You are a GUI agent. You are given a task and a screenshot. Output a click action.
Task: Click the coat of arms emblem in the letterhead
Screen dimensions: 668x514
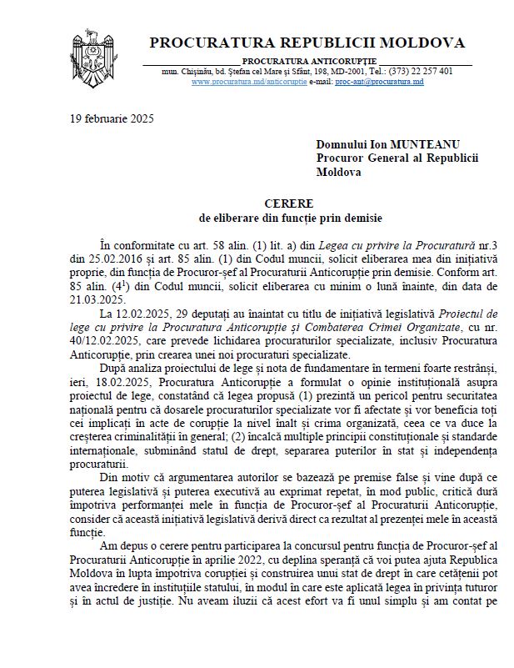pos(97,52)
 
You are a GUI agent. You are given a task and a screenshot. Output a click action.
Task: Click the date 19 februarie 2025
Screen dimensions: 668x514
pos(112,118)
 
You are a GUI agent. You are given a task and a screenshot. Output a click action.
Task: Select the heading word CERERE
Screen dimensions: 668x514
pos(290,203)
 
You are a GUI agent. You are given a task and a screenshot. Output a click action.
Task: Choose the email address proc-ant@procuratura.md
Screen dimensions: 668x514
pos(379,83)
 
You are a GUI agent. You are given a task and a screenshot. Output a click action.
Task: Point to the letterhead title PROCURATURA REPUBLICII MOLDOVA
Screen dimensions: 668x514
pos(307,43)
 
